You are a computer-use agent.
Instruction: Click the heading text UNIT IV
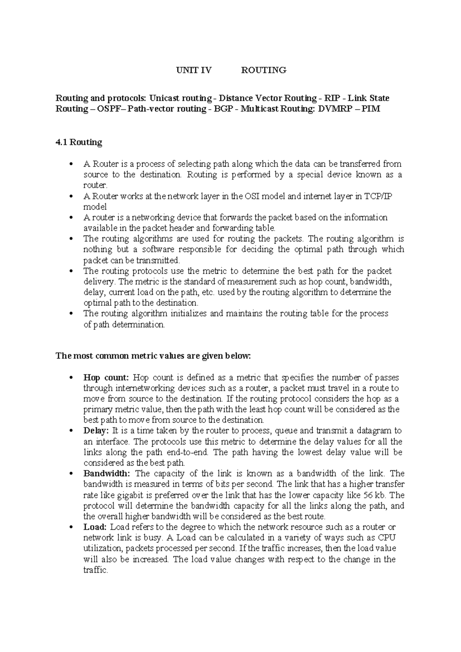point(194,70)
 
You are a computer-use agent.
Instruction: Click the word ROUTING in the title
point(264,70)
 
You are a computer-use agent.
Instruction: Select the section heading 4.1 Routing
point(79,142)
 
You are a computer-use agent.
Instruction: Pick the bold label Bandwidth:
point(107,473)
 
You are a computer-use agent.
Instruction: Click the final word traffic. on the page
point(96,570)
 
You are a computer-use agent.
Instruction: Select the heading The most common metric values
point(153,356)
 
